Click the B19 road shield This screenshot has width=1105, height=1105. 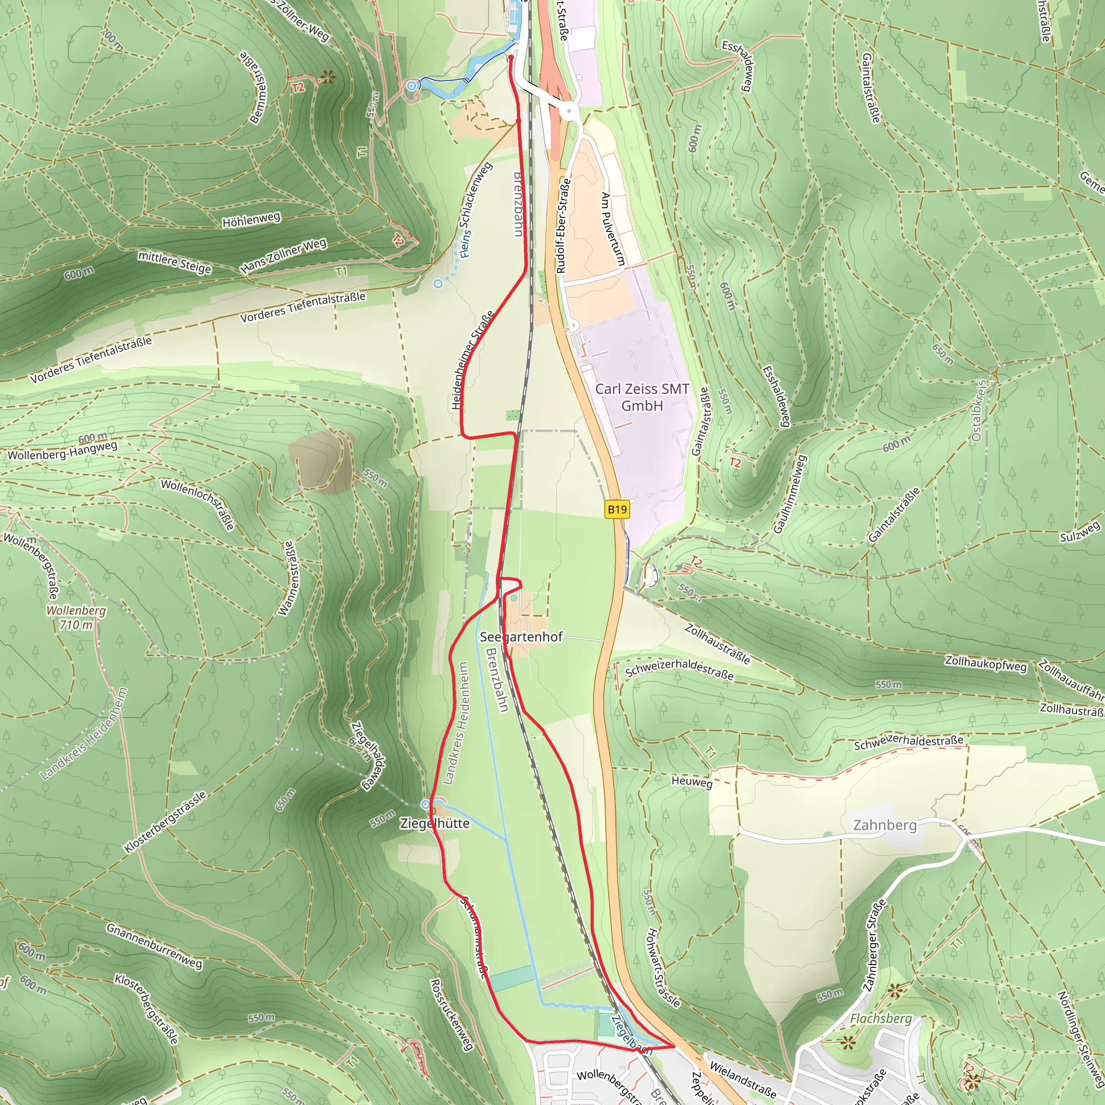tap(617, 509)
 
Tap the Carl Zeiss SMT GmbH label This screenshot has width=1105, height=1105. tap(642, 397)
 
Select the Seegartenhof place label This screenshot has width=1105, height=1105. tap(521, 637)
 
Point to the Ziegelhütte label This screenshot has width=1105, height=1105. tap(435, 823)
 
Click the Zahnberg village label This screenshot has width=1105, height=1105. tap(885, 825)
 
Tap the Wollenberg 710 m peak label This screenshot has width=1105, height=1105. tap(76, 618)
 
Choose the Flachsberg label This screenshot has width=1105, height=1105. tap(881, 1019)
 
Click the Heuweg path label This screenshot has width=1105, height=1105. tap(692, 781)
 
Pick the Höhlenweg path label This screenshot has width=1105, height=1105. tap(251, 219)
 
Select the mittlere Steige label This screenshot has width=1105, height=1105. tap(174, 262)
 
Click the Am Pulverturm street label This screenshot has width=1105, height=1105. tap(612, 229)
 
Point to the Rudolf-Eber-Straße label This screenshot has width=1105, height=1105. tap(563, 226)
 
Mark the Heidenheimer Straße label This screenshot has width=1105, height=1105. tap(473, 360)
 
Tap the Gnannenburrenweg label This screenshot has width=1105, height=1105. tap(154, 945)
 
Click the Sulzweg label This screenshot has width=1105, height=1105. tap(1080, 533)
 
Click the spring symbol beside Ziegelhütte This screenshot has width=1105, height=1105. tap(426, 804)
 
